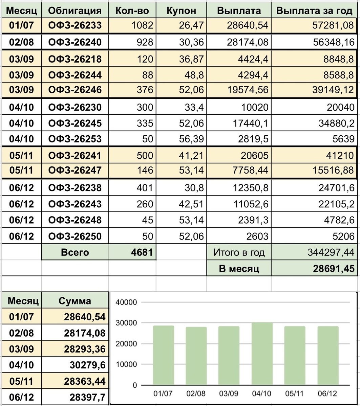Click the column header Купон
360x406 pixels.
[x=181, y=10]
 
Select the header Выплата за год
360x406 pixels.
[x=315, y=10]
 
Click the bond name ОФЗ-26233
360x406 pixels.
[x=75, y=25]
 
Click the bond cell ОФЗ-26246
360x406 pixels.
[x=75, y=90]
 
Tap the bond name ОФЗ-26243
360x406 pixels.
[x=75, y=204]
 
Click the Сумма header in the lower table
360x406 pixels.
[x=75, y=301]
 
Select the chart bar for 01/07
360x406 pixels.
[x=164, y=355]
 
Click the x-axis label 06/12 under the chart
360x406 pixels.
[x=327, y=394]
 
